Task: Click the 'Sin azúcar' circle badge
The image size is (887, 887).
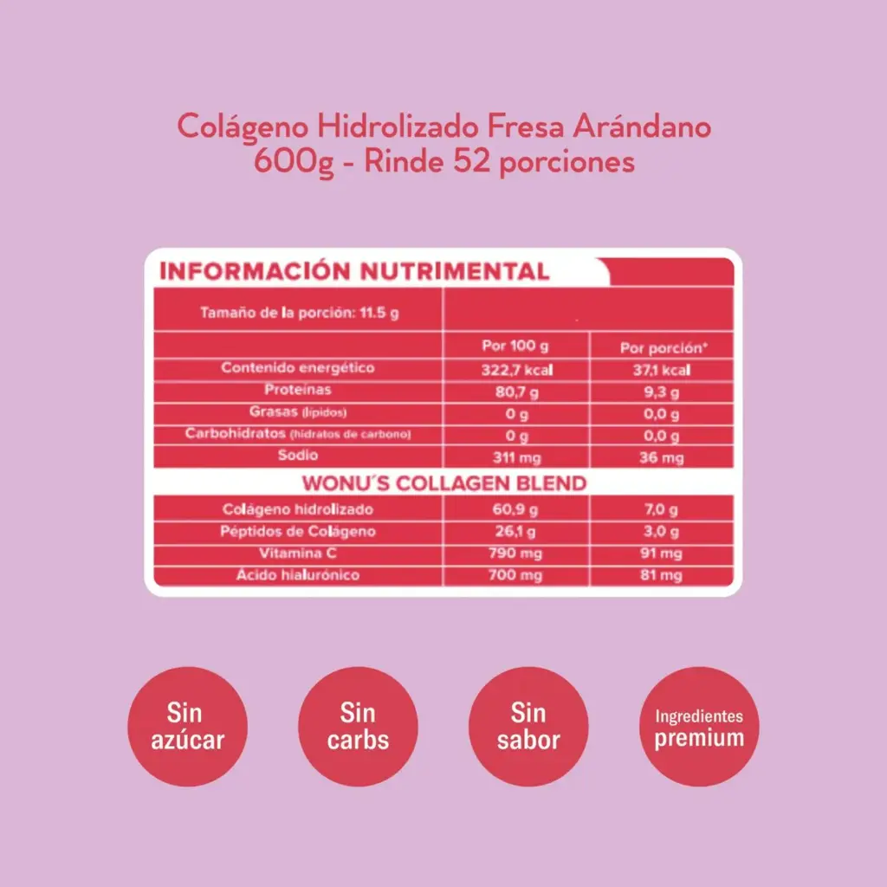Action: click(x=187, y=727)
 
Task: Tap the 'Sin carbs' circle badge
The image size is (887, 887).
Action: click(x=358, y=727)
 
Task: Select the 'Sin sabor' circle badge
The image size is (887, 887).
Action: click(x=528, y=727)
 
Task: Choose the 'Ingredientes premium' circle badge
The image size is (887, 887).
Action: click(x=699, y=727)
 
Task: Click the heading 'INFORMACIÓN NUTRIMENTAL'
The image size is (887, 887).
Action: click(x=355, y=271)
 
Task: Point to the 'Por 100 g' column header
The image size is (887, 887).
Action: click(x=515, y=346)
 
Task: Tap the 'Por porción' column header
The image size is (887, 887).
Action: click(x=664, y=348)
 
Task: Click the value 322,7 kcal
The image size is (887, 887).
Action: click(x=516, y=370)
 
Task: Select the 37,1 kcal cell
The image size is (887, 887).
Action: click(x=664, y=370)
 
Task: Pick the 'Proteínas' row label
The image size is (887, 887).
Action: click(x=298, y=390)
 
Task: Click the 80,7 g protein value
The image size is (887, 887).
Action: click(x=516, y=392)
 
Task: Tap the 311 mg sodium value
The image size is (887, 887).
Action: click(x=516, y=456)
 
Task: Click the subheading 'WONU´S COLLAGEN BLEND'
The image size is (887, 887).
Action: click(x=443, y=482)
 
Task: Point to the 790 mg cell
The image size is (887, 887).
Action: click(x=516, y=554)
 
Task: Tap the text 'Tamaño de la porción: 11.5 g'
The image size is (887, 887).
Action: click(x=299, y=313)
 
